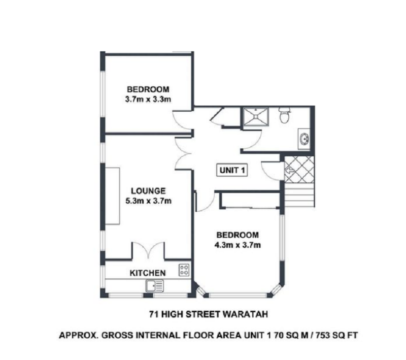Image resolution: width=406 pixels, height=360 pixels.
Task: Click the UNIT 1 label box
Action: [232, 170]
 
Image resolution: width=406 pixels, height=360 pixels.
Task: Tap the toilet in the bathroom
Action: [285, 115]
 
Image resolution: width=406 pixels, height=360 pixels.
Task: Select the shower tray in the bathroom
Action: [256, 116]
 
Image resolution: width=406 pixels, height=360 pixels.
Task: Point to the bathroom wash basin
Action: [303, 139]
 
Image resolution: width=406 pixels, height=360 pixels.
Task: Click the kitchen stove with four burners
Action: [184, 270]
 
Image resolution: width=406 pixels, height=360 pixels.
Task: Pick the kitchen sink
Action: [155, 286]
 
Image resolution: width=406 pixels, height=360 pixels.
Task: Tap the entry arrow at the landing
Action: [289, 170]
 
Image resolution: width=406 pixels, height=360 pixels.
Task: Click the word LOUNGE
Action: [148, 191]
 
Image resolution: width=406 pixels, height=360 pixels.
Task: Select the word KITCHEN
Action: [148, 273]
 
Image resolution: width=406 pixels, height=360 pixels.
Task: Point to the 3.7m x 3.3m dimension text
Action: [148, 99]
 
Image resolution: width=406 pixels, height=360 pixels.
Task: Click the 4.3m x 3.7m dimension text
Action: [238, 245]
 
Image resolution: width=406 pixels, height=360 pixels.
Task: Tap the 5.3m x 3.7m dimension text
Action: [148, 201]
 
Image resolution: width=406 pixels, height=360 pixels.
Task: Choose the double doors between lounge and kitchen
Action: [148, 250]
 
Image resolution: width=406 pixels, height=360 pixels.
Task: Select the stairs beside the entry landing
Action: [299, 195]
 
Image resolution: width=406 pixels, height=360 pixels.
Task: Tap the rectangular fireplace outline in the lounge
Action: [112, 196]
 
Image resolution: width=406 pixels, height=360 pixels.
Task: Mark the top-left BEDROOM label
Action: [148, 89]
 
